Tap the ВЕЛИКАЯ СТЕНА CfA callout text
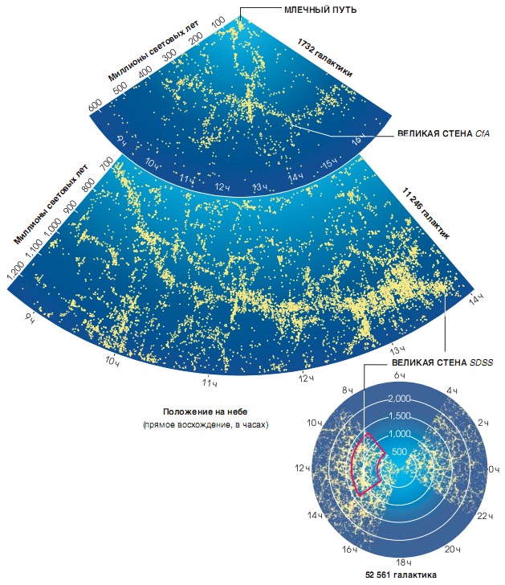[x=444, y=133]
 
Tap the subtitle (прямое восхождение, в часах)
[x=204, y=423]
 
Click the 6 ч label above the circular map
[x=399, y=375]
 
